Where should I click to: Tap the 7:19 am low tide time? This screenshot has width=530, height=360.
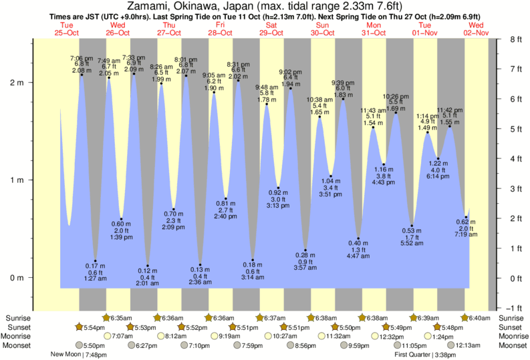[x=466, y=236]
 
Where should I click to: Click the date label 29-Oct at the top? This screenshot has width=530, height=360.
[x=271, y=33]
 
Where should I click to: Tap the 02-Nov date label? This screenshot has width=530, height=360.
[x=477, y=33]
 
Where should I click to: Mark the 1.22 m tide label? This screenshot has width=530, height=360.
[x=438, y=164]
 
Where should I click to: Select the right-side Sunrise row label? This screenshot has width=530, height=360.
[x=510, y=318]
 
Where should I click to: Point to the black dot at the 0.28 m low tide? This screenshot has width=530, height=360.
[x=305, y=250]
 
